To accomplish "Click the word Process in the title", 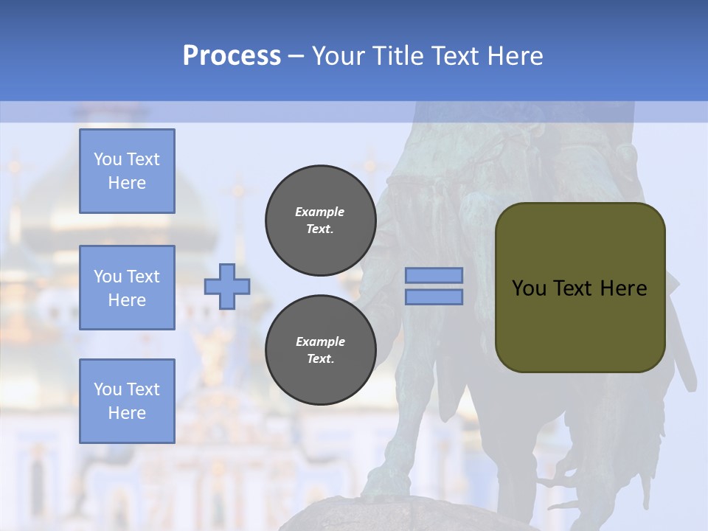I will [x=232, y=56].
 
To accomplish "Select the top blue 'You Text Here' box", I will [x=127, y=171].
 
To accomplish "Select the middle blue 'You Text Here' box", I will [x=127, y=288].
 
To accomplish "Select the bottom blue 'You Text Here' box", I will [x=127, y=401].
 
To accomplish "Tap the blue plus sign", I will [x=227, y=286].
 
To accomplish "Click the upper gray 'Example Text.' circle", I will [x=320, y=221].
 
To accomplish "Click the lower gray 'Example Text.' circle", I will [x=320, y=350].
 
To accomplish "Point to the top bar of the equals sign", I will [x=434, y=276].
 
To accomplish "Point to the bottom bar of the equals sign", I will [x=434, y=296].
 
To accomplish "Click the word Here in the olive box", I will [x=623, y=288].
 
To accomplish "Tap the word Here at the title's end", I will [x=516, y=56].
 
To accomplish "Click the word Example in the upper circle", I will [x=320, y=212].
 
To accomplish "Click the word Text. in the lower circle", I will [x=320, y=359].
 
